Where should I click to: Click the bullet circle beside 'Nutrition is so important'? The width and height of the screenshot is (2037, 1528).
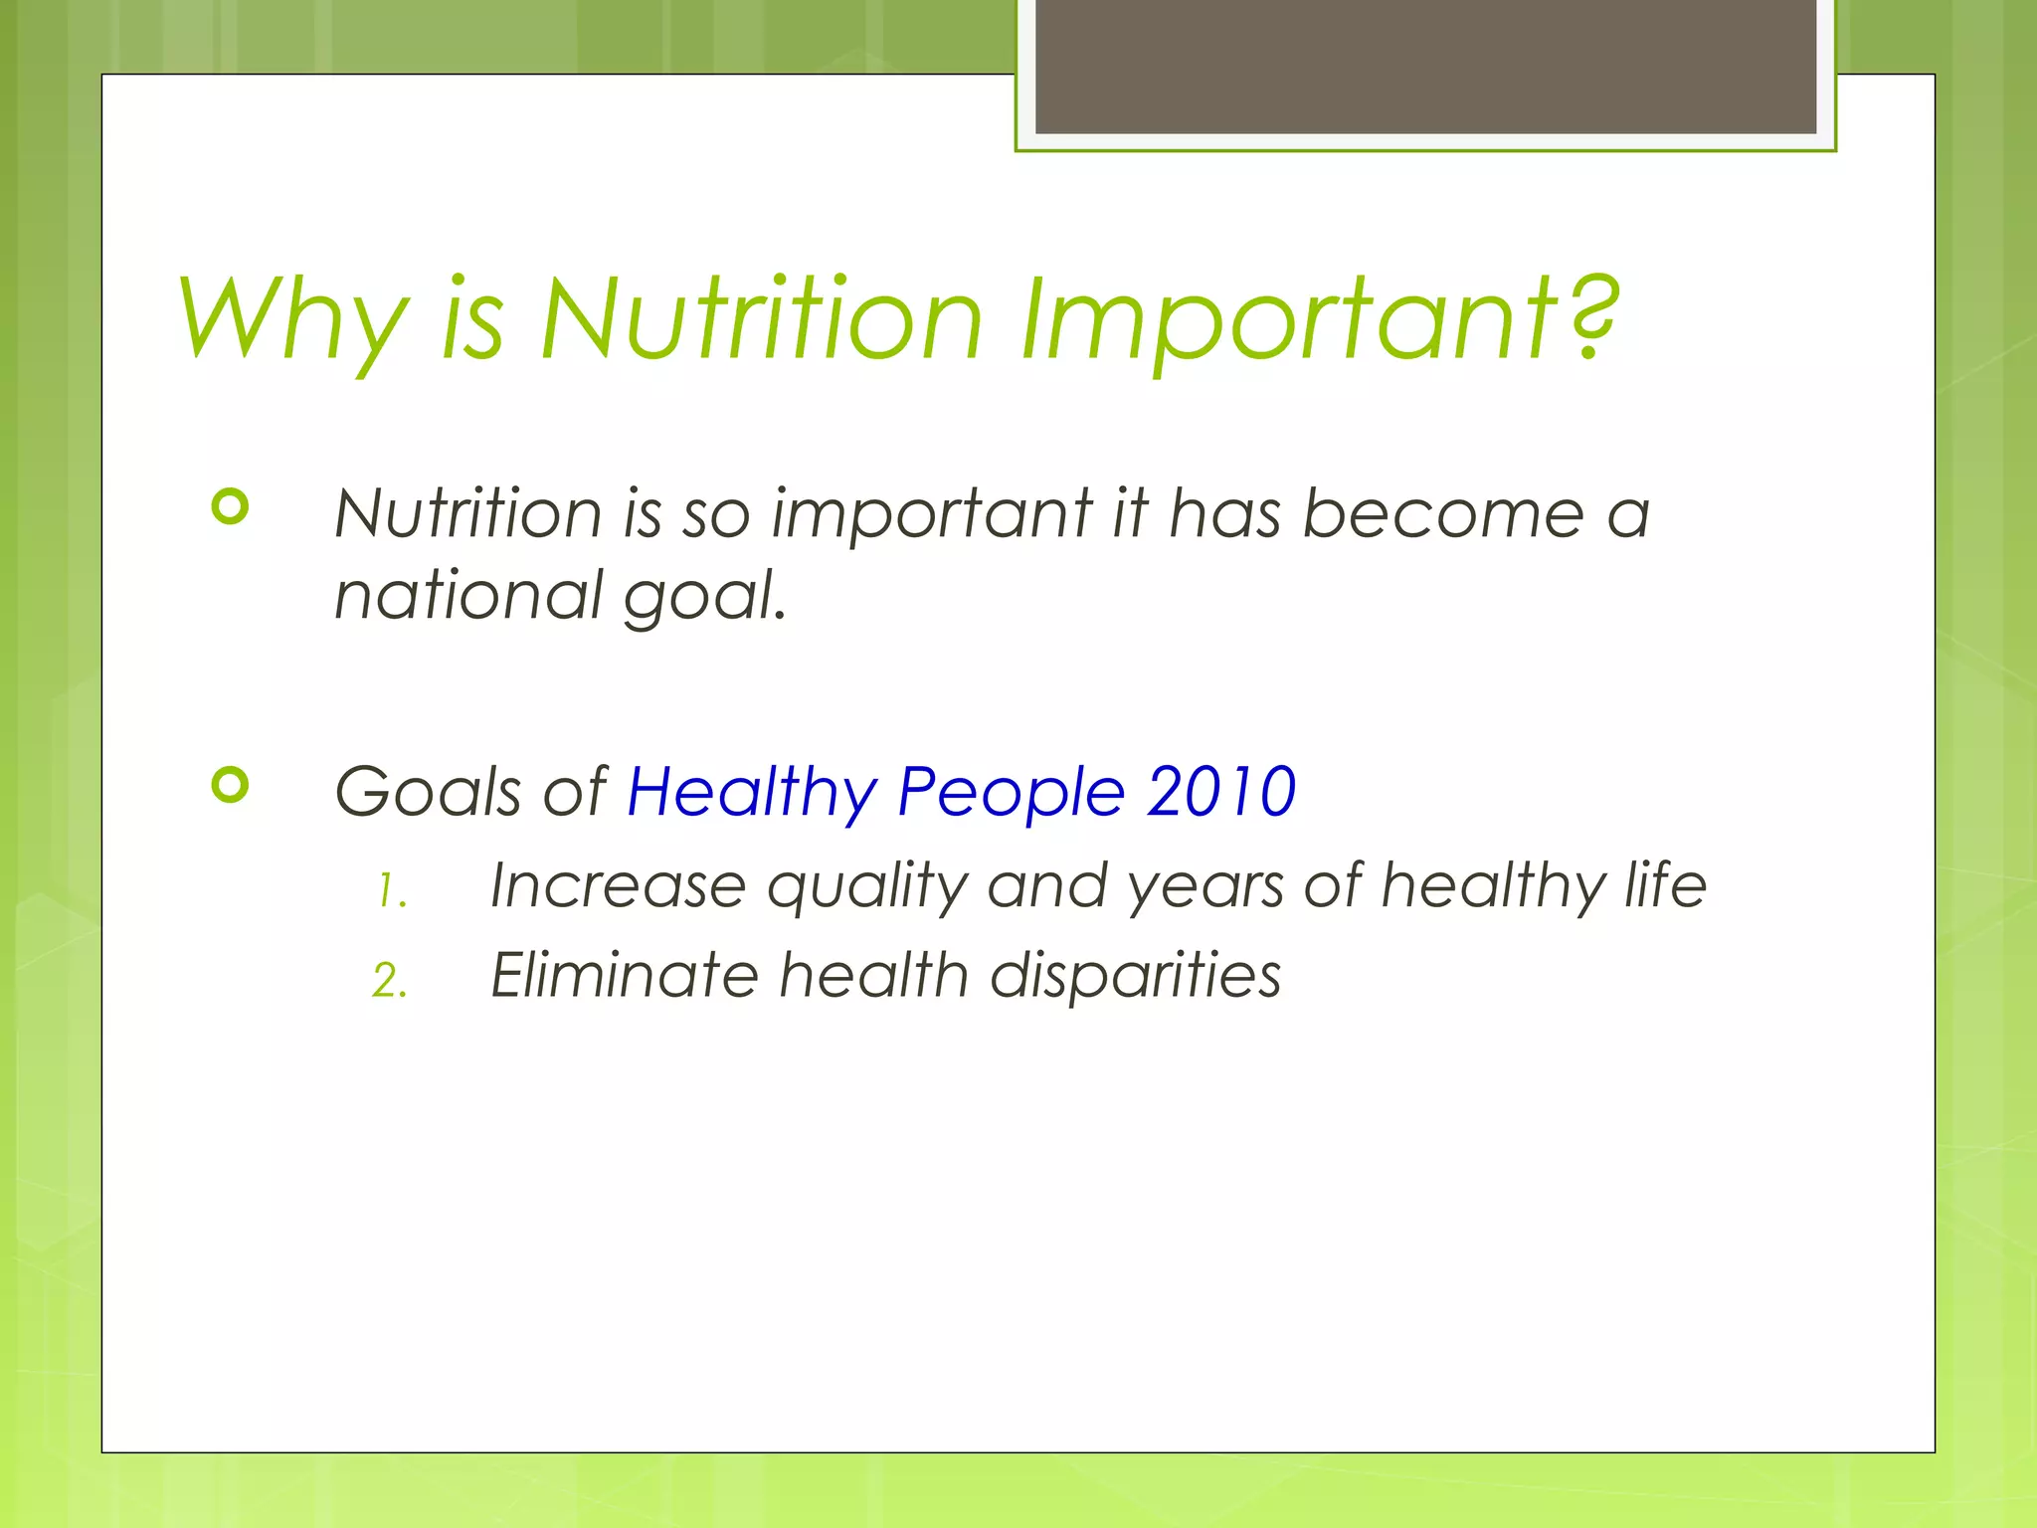[x=230, y=507]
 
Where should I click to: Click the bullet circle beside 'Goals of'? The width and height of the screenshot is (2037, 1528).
[x=230, y=786]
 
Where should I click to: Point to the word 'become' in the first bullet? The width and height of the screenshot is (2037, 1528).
[x=1442, y=514]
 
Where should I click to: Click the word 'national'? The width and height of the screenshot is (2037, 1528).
[x=467, y=596]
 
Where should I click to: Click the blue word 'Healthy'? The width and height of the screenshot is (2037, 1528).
[x=752, y=793]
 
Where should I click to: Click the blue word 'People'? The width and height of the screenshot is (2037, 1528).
[x=1011, y=793]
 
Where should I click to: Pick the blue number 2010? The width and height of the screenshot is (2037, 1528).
[x=1220, y=793]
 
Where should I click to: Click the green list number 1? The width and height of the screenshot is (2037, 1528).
[x=390, y=891]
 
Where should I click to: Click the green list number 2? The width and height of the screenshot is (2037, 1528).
[x=389, y=981]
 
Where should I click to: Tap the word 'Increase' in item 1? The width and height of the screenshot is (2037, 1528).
[x=618, y=885]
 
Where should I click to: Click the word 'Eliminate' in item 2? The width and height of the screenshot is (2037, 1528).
[x=625, y=975]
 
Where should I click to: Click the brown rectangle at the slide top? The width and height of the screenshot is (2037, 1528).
[x=1425, y=66]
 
